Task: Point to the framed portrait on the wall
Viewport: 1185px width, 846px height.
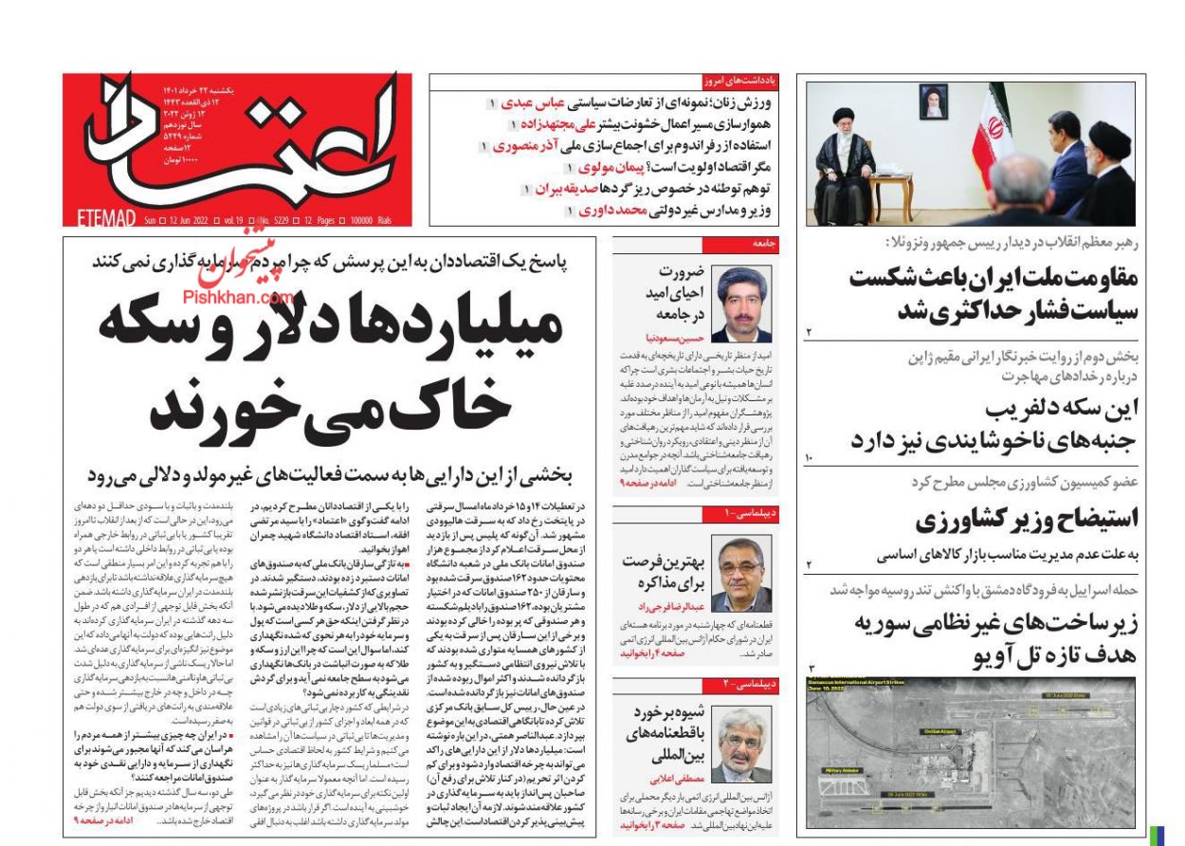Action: tap(932, 100)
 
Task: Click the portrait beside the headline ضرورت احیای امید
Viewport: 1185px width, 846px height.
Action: tap(742, 304)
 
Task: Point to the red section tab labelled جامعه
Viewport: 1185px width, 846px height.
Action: tap(764, 244)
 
